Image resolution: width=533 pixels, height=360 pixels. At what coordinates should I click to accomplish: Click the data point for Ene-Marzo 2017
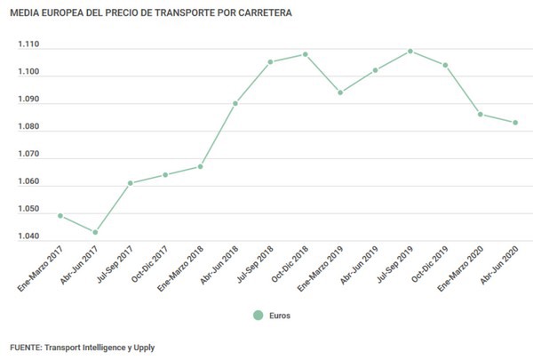point(60,216)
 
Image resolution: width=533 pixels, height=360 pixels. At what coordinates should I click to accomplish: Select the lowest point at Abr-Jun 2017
point(95,233)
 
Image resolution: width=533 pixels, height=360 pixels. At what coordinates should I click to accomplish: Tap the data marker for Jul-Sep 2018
point(270,62)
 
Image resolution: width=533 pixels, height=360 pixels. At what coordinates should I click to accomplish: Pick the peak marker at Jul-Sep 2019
point(410,51)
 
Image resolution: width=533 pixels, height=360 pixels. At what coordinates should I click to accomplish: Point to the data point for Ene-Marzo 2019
point(340,92)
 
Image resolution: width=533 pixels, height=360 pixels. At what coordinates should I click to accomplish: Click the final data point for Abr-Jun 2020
point(515,123)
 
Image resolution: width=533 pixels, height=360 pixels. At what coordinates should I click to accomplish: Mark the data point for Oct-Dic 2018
point(306,54)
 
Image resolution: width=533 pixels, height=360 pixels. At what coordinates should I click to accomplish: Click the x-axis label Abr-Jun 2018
point(220,265)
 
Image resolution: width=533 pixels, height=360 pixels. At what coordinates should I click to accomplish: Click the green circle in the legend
point(259,315)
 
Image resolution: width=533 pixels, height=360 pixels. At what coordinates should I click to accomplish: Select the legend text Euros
point(280,315)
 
